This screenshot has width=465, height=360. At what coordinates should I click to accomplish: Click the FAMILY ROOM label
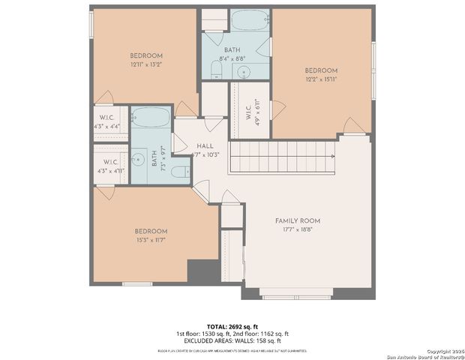click(x=297, y=220)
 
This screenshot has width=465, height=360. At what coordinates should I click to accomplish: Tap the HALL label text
click(x=205, y=146)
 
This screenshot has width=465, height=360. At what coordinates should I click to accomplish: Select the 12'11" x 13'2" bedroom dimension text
click(x=146, y=64)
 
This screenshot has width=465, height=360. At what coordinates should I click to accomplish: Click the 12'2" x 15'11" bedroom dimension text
click(x=321, y=79)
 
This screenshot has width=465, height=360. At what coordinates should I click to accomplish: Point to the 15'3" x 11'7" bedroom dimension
click(x=151, y=240)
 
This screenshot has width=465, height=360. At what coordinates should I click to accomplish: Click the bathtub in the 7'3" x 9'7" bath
click(x=151, y=117)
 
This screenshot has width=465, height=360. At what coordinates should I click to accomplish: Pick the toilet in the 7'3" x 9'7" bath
click(x=179, y=172)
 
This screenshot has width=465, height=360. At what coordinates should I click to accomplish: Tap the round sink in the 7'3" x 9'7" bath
click(x=138, y=160)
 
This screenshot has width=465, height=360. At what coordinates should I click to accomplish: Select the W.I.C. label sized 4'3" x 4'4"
click(x=107, y=118)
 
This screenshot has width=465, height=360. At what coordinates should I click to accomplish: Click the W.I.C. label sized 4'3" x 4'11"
click(x=109, y=161)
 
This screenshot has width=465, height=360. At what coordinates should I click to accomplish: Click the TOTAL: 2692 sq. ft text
click(x=232, y=326)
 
